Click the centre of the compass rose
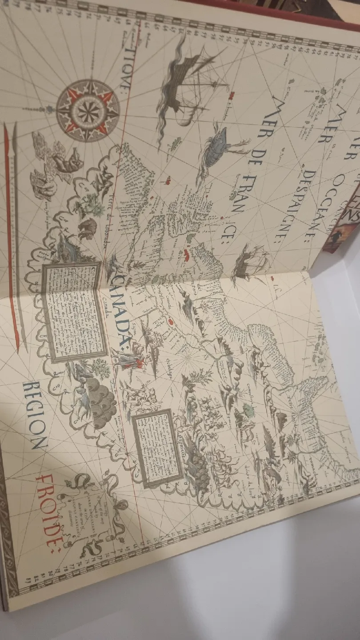pyautogui.click(x=88, y=110)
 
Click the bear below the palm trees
pyautogui.click(x=88, y=229)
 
